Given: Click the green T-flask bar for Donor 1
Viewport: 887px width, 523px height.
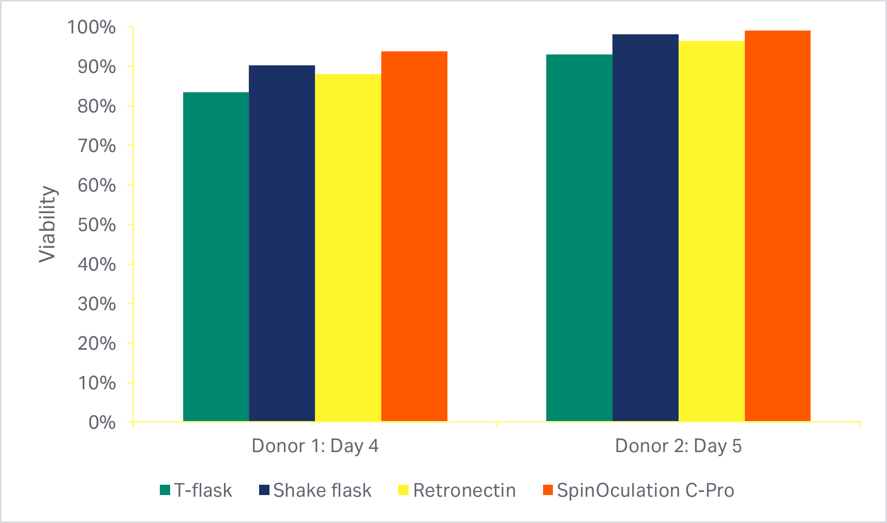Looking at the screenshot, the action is point(216,257).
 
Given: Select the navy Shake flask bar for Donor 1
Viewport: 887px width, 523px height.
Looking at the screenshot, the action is point(282,243).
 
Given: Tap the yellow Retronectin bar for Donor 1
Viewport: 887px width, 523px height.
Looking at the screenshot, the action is point(348,248).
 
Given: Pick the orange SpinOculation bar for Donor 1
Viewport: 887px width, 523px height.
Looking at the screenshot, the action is point(414,236).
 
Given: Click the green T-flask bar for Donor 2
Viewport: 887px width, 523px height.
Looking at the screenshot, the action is point(579,238).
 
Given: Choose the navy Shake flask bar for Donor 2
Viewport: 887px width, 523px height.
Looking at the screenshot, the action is point(645,228).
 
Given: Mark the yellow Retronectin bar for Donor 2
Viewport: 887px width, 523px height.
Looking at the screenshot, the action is point(712,231).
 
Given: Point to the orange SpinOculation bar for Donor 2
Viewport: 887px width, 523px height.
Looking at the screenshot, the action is point(777,226).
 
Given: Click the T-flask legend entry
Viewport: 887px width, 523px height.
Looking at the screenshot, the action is point(196,490).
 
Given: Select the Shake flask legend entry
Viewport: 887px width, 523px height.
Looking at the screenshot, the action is point(315,490).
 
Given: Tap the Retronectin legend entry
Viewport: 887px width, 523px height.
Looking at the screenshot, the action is point(457,490).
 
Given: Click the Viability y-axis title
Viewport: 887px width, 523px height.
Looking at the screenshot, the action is point(48,225).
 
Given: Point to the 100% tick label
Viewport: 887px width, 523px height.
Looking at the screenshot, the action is point(92,27).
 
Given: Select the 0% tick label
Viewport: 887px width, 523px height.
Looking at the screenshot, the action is point(102,423).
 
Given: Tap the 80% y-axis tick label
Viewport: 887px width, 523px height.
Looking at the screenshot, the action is point(97,106).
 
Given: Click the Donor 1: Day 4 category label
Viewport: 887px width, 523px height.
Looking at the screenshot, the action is point(315,446).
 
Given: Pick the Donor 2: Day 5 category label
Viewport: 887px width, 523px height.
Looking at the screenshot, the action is point(678,446).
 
